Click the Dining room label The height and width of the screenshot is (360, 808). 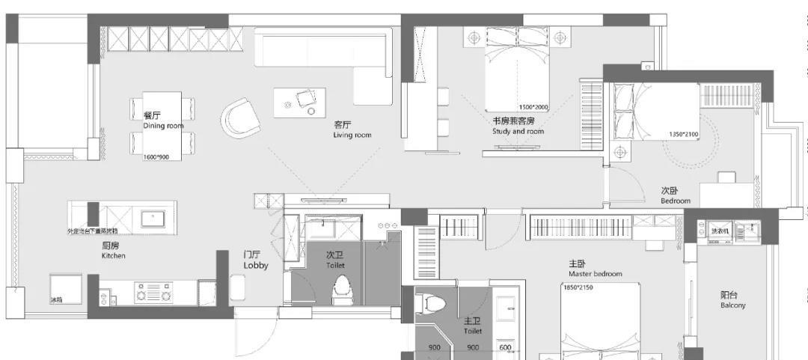click(163, 126)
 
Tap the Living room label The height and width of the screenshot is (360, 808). click(352, 135)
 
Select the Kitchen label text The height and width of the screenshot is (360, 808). click(114, 256)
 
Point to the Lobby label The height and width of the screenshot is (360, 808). click(255, 265)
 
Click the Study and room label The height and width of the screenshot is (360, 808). click(518, 132)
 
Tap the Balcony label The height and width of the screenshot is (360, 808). click(733, 305)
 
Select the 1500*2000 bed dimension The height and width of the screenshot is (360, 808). click(533, 107)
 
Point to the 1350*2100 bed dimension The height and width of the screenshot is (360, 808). click(685, 135)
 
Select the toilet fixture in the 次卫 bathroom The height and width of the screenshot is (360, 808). click(342, 289)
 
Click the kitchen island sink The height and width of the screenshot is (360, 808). click(157, 219)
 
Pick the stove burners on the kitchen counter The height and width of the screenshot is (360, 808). click(153, 292)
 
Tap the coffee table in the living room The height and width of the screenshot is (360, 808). click(299, 103)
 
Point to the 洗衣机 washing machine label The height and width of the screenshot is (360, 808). click(720, 231)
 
